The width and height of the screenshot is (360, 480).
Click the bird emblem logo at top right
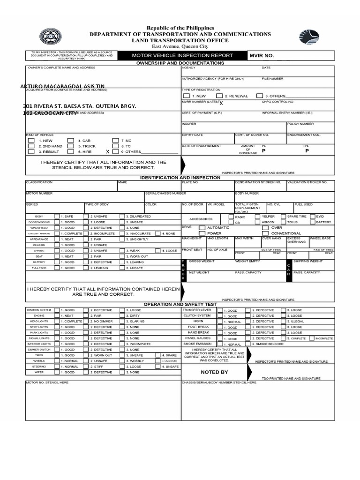click(309, 37)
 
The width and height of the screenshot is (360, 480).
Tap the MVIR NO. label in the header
click(261, 55)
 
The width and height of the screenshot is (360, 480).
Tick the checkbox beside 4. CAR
click(70, 140)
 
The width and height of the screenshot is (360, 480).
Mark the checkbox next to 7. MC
click(115, 140)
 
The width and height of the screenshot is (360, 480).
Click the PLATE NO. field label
click(190, 182)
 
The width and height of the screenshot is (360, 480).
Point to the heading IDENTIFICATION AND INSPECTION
click(180, 178)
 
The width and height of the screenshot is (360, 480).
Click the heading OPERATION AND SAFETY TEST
click(180, 304)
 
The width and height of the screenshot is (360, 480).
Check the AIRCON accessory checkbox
click(258, 222)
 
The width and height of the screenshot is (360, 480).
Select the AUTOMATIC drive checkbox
click(202, 227)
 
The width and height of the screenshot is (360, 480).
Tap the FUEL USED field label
click(303, 204)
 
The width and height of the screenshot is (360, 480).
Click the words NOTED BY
click(214, 372)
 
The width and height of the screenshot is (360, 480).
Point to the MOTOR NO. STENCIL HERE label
click(47, 382)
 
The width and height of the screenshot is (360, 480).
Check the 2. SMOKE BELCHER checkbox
click(248, 344)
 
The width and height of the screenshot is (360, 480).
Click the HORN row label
click(198, 321)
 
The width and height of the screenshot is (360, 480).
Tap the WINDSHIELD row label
click(39, 228)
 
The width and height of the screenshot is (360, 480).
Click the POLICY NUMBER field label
click(300, 124)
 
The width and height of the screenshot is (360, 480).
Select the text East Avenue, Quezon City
click(180, 47)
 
